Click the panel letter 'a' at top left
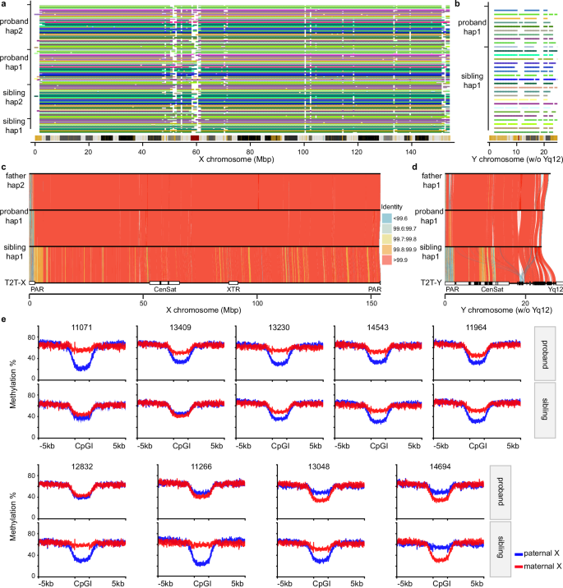[4, 5]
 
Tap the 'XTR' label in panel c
[233, 289]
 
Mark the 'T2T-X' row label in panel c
[14, 282]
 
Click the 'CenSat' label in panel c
[164, 289]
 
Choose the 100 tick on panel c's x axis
[256, 301]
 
